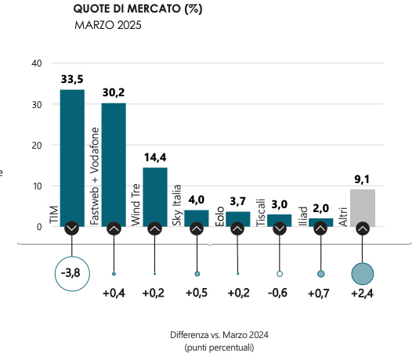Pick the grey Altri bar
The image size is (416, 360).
pyautogui.click(x=363, y=205)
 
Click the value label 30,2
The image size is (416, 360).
pyautogui.click(x=114, y=92)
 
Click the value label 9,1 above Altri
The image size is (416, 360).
pyautogui.click(x=363, y=178)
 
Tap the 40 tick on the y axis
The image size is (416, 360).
pyautogui.click(x=36, y=63)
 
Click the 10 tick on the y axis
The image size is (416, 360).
pyautogui.click(x=36, y=186)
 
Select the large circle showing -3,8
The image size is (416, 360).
pyautogui.click(x=72, y=273)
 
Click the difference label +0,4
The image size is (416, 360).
pyautogui.click(x=114, y=294)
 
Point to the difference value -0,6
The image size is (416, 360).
pyautogui.click(x=280, y=294)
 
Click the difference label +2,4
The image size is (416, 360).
pyautogui.click(x=363, y=294)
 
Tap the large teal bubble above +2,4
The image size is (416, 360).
pyautogui.click(x=363, y=273)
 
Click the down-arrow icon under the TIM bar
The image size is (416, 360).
pyautogui.click(x=72, y=228)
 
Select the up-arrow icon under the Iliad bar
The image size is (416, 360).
pyautogui.click(x=321, y=228)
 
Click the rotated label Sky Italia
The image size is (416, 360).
pyautogui.click(x=178, y=205)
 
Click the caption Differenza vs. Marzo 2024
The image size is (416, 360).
pyautogui.click(x=219, y=334)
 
